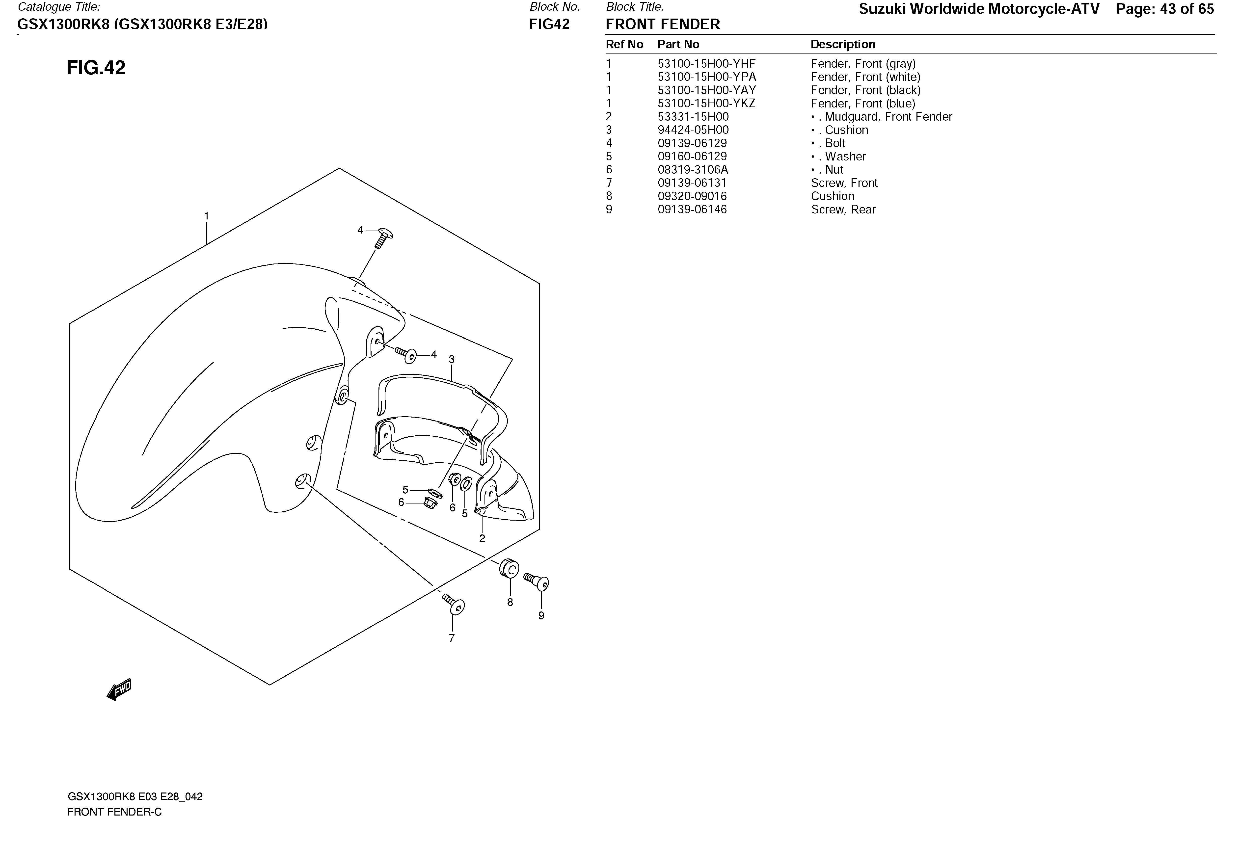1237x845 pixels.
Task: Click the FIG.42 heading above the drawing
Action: pyautogui.click(x=96, y=68)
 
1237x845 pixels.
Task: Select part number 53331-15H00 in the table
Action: pyautogui.click(x=693, y=117)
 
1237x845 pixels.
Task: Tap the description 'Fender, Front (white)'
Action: pyautogui.click(x=865, y=77)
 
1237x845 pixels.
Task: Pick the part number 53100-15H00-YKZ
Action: pyautogui.click(x=706, y=103)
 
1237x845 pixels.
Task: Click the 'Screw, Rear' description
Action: pyautogui.click(x=843, y=209)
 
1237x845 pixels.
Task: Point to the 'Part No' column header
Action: pyautogui.click(x=678, y=44)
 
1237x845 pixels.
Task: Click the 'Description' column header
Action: pyautogui.click(x=843, y=44)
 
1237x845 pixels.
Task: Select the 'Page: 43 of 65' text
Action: pyautogui.click(x=1165, y=9)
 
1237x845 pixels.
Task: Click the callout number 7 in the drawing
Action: pyautogui.click(x=452, y=638)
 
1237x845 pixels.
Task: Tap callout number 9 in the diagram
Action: pyautogui.click(x=541, y=616)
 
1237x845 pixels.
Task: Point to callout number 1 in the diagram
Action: pyautogui.click(x=207, y=216)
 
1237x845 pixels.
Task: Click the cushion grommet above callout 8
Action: pyautogui.click(x=509, y=569)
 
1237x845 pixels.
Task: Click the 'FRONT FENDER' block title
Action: pyautogui.click(x=663, y=24)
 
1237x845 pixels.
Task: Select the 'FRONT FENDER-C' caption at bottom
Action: pyautogui.click(x=114, y=812)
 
